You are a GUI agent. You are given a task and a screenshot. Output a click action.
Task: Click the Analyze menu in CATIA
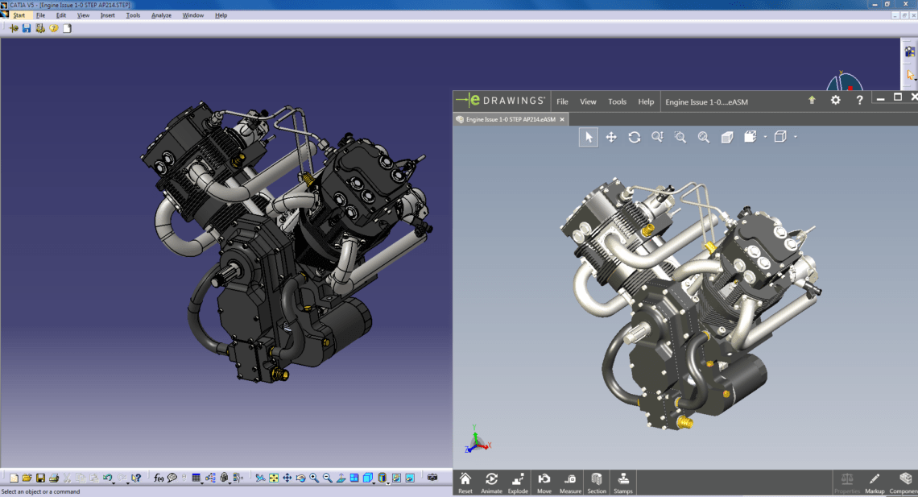tap(161, 15)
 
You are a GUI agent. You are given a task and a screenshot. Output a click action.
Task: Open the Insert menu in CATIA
tap(108, 15)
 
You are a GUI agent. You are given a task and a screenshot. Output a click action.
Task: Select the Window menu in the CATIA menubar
tap(193, 15)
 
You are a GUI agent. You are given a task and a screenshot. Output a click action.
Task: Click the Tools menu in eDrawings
tap(617, 101)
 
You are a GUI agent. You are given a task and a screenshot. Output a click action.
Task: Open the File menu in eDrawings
tap(562, 101)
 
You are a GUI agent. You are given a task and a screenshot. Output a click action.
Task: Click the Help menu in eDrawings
tap(646, 101)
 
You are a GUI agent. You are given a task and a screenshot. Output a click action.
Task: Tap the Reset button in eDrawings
tap(465, 482)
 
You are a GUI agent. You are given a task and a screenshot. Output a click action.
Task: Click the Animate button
tap(491, 482)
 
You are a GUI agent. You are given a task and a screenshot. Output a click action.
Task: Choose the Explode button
tap(518, 482)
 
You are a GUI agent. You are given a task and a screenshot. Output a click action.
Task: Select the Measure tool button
tap(570, 482)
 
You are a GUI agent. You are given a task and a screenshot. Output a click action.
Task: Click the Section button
tap(597, 482)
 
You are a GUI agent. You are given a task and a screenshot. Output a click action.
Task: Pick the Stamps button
tap(622, 482)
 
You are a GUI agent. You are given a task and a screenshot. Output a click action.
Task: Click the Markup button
tap(875, 482)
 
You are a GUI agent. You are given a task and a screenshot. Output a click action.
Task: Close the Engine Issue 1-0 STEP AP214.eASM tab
tap(563, 119)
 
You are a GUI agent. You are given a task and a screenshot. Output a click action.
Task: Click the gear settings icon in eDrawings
tap(835, 100)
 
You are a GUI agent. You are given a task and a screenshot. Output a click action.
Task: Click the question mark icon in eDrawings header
tap(860, 100)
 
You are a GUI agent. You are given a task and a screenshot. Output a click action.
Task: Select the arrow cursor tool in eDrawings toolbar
tap(589, 137)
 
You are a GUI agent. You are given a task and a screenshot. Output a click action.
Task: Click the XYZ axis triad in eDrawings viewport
tap(476, 439)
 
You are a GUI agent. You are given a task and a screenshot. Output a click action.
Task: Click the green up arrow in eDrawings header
tap(812, 100)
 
